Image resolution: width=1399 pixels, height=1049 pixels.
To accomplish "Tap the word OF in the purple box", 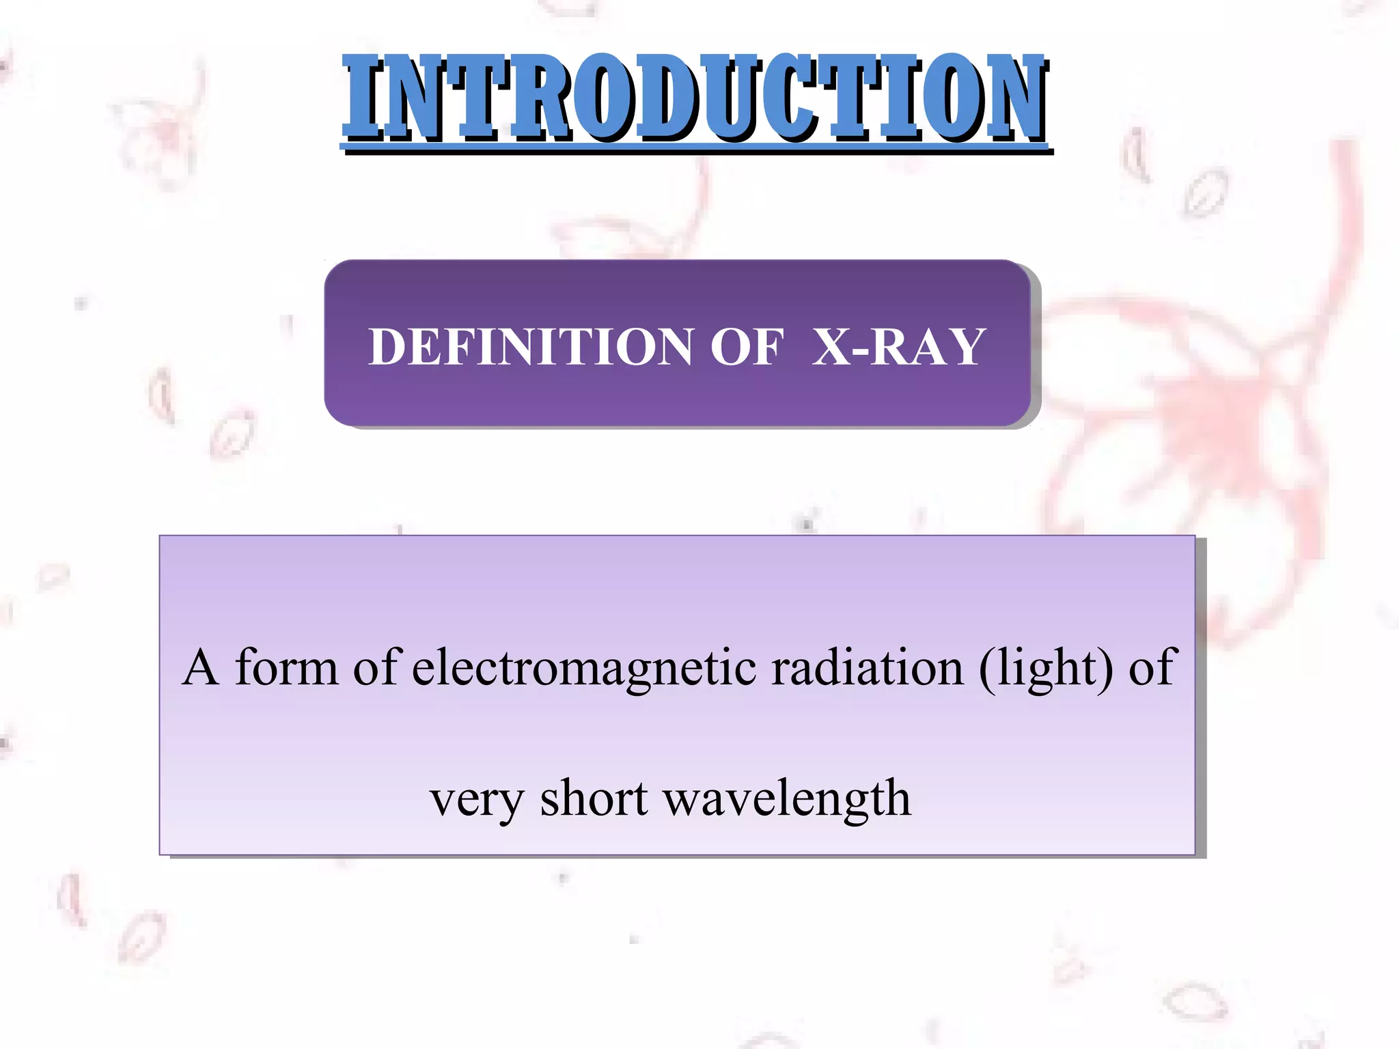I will point(747,347).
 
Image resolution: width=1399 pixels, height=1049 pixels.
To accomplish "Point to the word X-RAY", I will point(899,347).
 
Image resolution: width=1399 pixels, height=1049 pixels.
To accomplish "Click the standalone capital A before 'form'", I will point(201,667).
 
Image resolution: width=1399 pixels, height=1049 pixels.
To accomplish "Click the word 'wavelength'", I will point(787,799).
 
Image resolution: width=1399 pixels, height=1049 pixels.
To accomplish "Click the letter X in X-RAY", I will point(831,347).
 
